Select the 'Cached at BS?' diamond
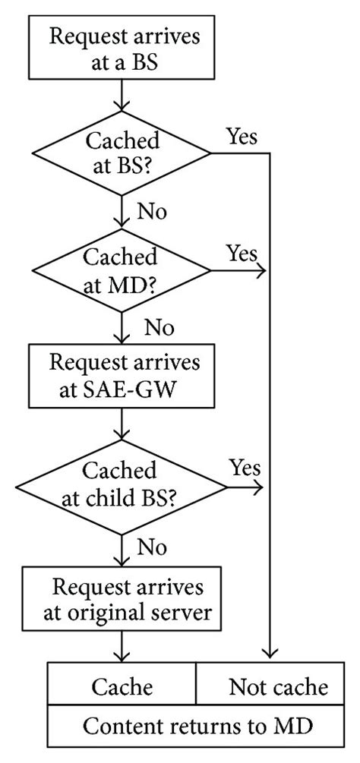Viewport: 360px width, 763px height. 122,154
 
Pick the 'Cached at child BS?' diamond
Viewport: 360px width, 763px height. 122,483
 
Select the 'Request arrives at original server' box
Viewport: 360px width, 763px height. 122,598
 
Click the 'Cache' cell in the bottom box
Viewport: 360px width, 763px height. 122,687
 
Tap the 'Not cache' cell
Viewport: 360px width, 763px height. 277,687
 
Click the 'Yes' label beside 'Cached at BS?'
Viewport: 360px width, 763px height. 242,137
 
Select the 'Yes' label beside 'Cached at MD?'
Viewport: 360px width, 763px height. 242,253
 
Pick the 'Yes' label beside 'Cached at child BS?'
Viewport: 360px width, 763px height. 245,467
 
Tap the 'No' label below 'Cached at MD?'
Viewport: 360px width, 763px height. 159,327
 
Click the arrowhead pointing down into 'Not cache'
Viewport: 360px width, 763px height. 270,654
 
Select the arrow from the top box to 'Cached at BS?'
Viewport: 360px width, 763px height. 122,97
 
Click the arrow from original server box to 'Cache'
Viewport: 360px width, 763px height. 122,647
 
